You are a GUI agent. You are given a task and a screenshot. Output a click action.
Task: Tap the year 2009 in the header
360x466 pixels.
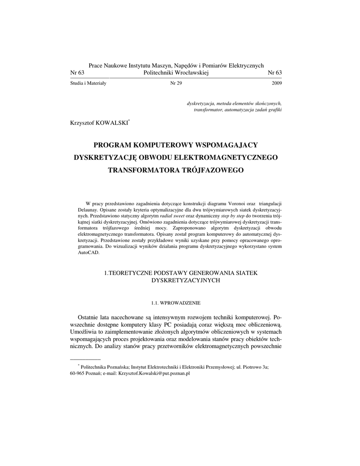(x=276, y=84)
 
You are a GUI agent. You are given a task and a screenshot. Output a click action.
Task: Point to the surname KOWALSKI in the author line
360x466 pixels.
(x=112, y=122)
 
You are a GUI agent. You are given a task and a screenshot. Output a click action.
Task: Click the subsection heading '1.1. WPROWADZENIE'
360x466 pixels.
(x=176, y=303)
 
